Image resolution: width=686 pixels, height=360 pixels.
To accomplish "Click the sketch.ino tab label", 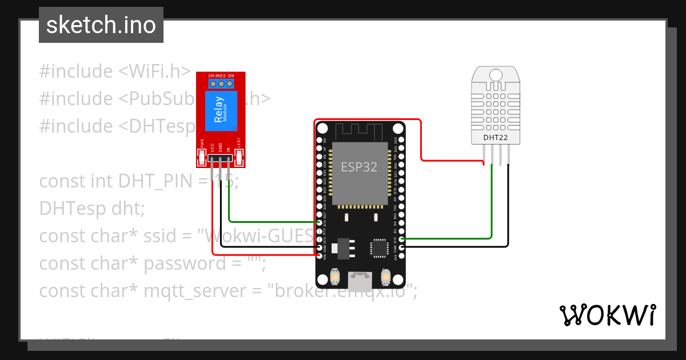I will click(101, 25).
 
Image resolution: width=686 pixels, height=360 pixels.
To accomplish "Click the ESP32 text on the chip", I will click(359, 167).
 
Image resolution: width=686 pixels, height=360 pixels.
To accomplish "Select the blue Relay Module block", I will click(221, 113).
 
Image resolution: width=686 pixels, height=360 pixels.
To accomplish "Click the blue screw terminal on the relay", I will click(221, 84).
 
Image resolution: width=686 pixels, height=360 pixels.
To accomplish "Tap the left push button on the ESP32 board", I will click(336, 278).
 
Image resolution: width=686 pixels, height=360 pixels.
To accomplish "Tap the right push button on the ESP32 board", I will click(385, 278).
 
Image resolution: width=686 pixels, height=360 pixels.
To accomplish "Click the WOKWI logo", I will click(607, 315).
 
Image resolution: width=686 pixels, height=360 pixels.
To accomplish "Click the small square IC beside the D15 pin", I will click(378, 247).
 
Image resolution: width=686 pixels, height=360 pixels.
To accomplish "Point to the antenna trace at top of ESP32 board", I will click(360, 131).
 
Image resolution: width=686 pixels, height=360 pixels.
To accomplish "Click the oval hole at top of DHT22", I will click(495, 74).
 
